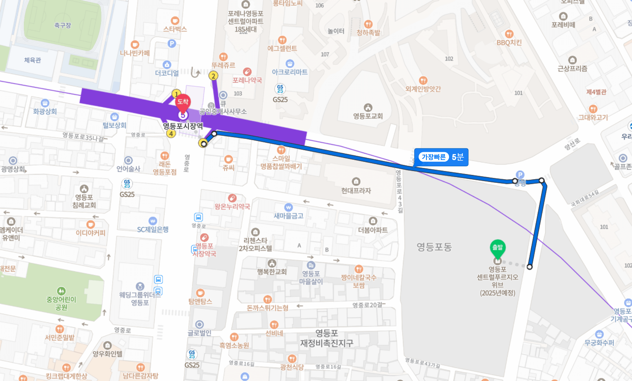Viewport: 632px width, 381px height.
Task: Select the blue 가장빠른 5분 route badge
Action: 441,157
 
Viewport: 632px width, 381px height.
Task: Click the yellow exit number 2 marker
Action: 213,76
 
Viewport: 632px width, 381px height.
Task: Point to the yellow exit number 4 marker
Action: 171,134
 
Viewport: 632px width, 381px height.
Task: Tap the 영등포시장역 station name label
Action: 183,126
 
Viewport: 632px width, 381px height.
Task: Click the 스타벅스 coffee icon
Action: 175,21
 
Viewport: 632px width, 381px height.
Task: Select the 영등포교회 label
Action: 368,116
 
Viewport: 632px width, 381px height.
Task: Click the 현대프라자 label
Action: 356,191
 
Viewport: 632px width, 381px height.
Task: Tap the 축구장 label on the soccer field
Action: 63,26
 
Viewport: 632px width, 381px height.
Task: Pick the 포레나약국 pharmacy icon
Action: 247,72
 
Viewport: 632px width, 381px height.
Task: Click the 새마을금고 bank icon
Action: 288,208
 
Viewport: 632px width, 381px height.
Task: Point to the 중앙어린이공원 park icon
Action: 61,291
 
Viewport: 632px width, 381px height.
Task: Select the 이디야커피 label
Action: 90,233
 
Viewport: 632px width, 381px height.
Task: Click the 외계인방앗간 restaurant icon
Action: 423,80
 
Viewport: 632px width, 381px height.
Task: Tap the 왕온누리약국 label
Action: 232,207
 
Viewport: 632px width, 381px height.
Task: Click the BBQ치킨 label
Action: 509,43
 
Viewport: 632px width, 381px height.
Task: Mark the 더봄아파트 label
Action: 373,230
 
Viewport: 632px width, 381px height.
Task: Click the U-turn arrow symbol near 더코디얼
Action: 195,73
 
